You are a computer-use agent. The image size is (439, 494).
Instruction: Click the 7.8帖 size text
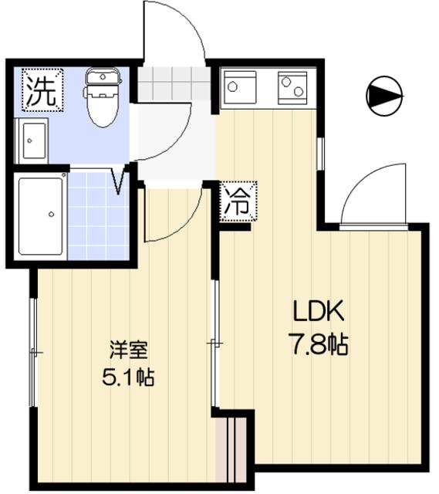click(319, 344)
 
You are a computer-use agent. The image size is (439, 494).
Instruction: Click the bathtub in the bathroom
click(41, 215)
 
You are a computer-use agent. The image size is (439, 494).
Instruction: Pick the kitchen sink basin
click(238, 87)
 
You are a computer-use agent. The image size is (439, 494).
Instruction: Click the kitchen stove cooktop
click(292, 87)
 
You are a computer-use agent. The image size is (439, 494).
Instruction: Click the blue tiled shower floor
click(98, 216)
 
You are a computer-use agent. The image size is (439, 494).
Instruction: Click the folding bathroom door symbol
click(119, 181)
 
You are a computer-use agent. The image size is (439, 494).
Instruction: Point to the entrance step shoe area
click(174, 83)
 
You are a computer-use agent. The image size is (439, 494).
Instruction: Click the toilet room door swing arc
click(162, 130)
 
